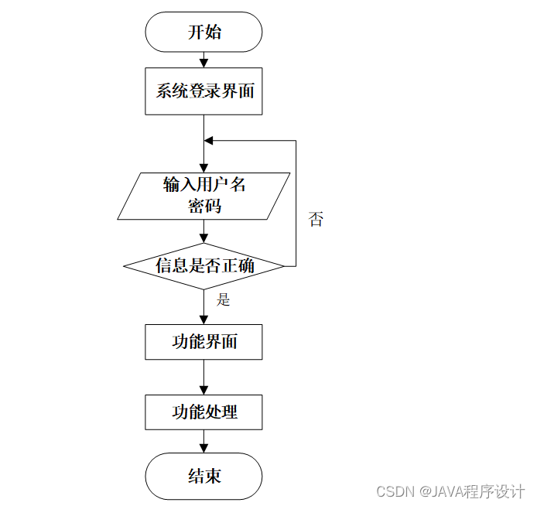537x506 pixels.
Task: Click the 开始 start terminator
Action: coord(204,32)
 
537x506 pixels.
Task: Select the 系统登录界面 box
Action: coord(204,91)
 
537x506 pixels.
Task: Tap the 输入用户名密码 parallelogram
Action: coord(204,195)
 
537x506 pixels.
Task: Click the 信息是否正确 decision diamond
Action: coord(204,266)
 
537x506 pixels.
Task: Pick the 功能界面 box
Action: coord(204,342)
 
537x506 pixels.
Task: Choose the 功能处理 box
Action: coord(204,412)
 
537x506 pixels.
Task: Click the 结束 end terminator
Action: coord(204,475)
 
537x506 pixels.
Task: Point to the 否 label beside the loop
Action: coord(316,219)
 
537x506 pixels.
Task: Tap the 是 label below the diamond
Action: coord(223,299)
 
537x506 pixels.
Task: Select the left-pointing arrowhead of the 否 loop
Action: coord(209,141)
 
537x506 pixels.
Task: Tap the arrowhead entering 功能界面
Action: coord(204,319)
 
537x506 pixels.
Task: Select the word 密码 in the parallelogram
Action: coord(204,206)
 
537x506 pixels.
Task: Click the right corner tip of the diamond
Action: coord(284,266)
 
